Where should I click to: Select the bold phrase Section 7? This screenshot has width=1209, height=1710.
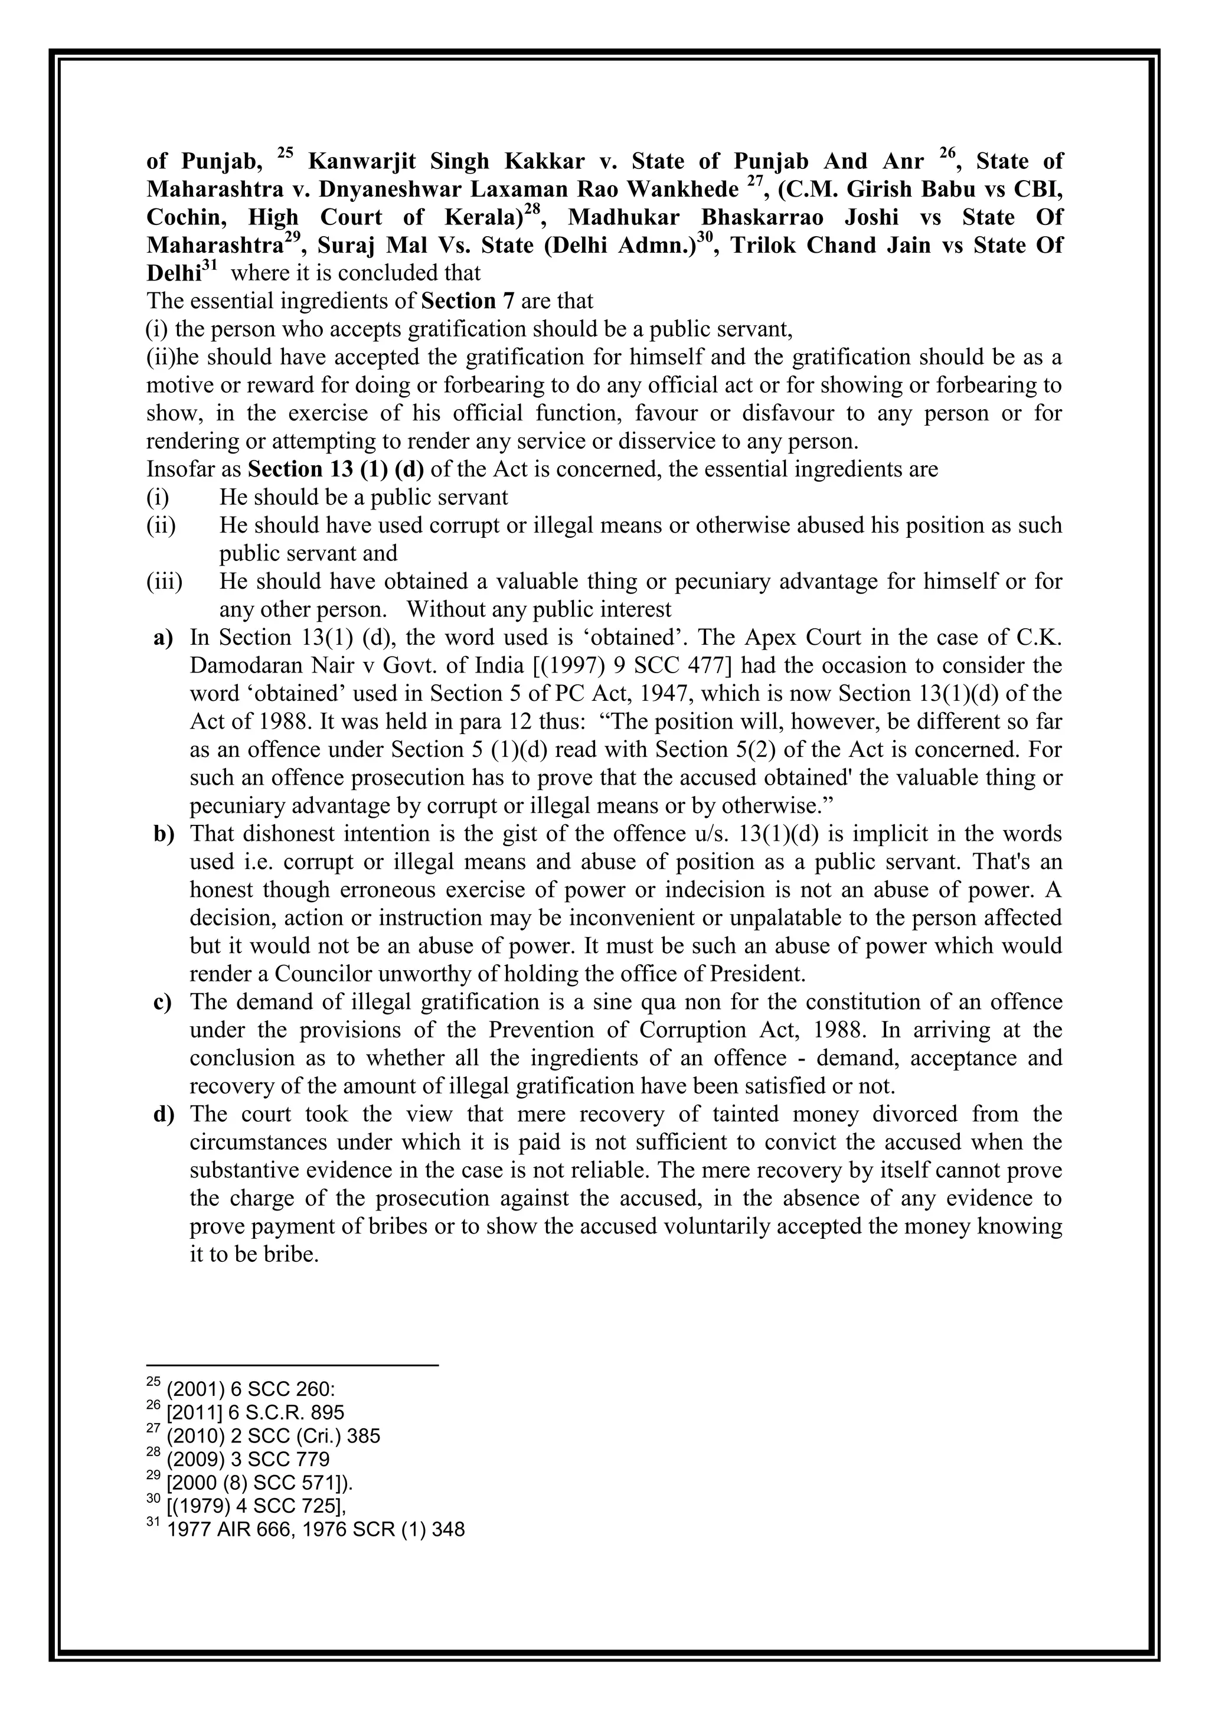[468, 302]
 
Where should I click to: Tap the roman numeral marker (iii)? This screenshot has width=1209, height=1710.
[164, 582]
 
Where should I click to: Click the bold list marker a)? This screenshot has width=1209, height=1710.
[163, 638]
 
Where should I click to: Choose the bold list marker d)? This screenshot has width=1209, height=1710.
[163, 1115]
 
